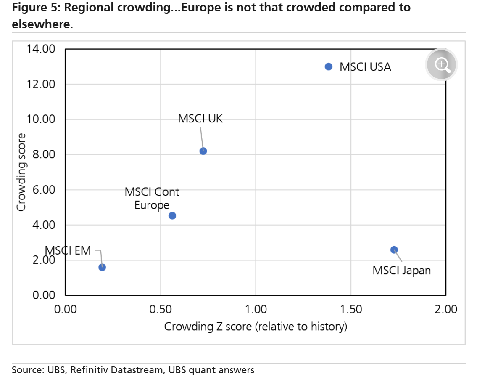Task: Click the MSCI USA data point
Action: pyautogui.click(x=329, y=66)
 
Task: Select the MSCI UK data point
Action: pyautogui.click(x=203, y=151)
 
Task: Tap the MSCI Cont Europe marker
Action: pyautogui.click(x=172, y=215)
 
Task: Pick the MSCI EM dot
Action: pyautogui.click(x=102, y=267)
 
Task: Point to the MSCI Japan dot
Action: pyautogui.click(x=394, y=250)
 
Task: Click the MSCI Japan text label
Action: pyautogui.click(x=401, y=270)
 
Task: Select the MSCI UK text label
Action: pyautogui.click(x=200, y=119)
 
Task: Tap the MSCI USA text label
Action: pyautogui.click(x=365, y=67)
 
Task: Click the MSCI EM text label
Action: pyautogui.click(x=68, y=251)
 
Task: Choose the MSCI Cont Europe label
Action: pyautogui.click(x=152, y=199)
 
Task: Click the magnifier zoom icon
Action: pyautogui.click(x=441, y=64)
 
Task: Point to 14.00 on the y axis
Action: pyautogui.click(x=41, y=49)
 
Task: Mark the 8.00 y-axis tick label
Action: pyautogui.click(x=44, y=154)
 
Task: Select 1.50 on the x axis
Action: pyautogui.click(x=350, y=309)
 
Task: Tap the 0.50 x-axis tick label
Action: pyautogui.click(x=161, y=309)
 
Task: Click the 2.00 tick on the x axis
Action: pyautogui.click(x=445, y=309)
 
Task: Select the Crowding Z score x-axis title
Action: pyautogui.click(x=255, y=327)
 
